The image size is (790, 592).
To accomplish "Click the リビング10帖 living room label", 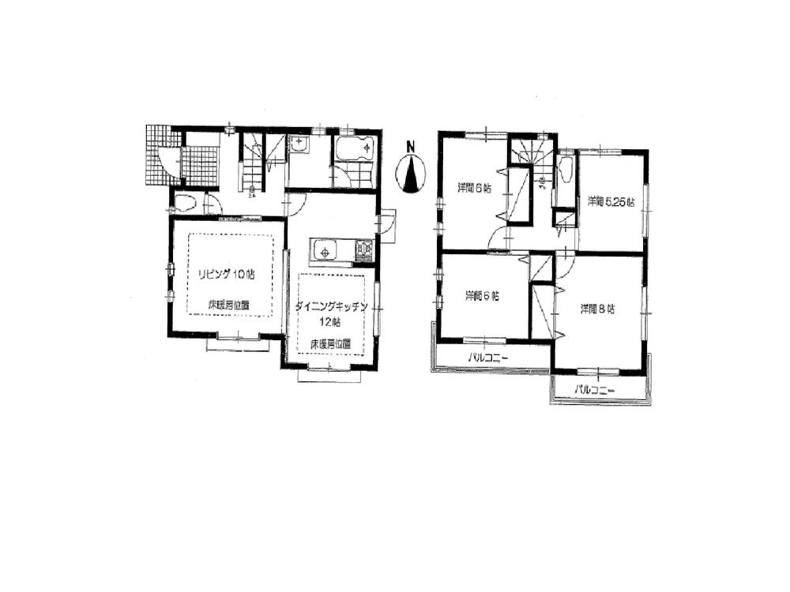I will pos(226,274).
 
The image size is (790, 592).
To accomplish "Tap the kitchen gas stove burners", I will pos(364,251).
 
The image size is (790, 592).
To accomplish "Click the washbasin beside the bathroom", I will pos(300,145).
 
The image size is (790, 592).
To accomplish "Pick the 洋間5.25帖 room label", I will pos(611,201).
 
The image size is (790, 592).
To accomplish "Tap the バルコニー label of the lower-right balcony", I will pos(595,389).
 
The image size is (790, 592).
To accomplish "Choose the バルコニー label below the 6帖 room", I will pos(487,358).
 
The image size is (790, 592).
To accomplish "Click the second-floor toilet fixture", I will pos(566,170).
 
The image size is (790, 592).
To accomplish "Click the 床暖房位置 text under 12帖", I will pos(330,343).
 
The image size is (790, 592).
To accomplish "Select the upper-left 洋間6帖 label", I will pos(475,188).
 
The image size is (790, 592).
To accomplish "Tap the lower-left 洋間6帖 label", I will pos(482,296).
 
